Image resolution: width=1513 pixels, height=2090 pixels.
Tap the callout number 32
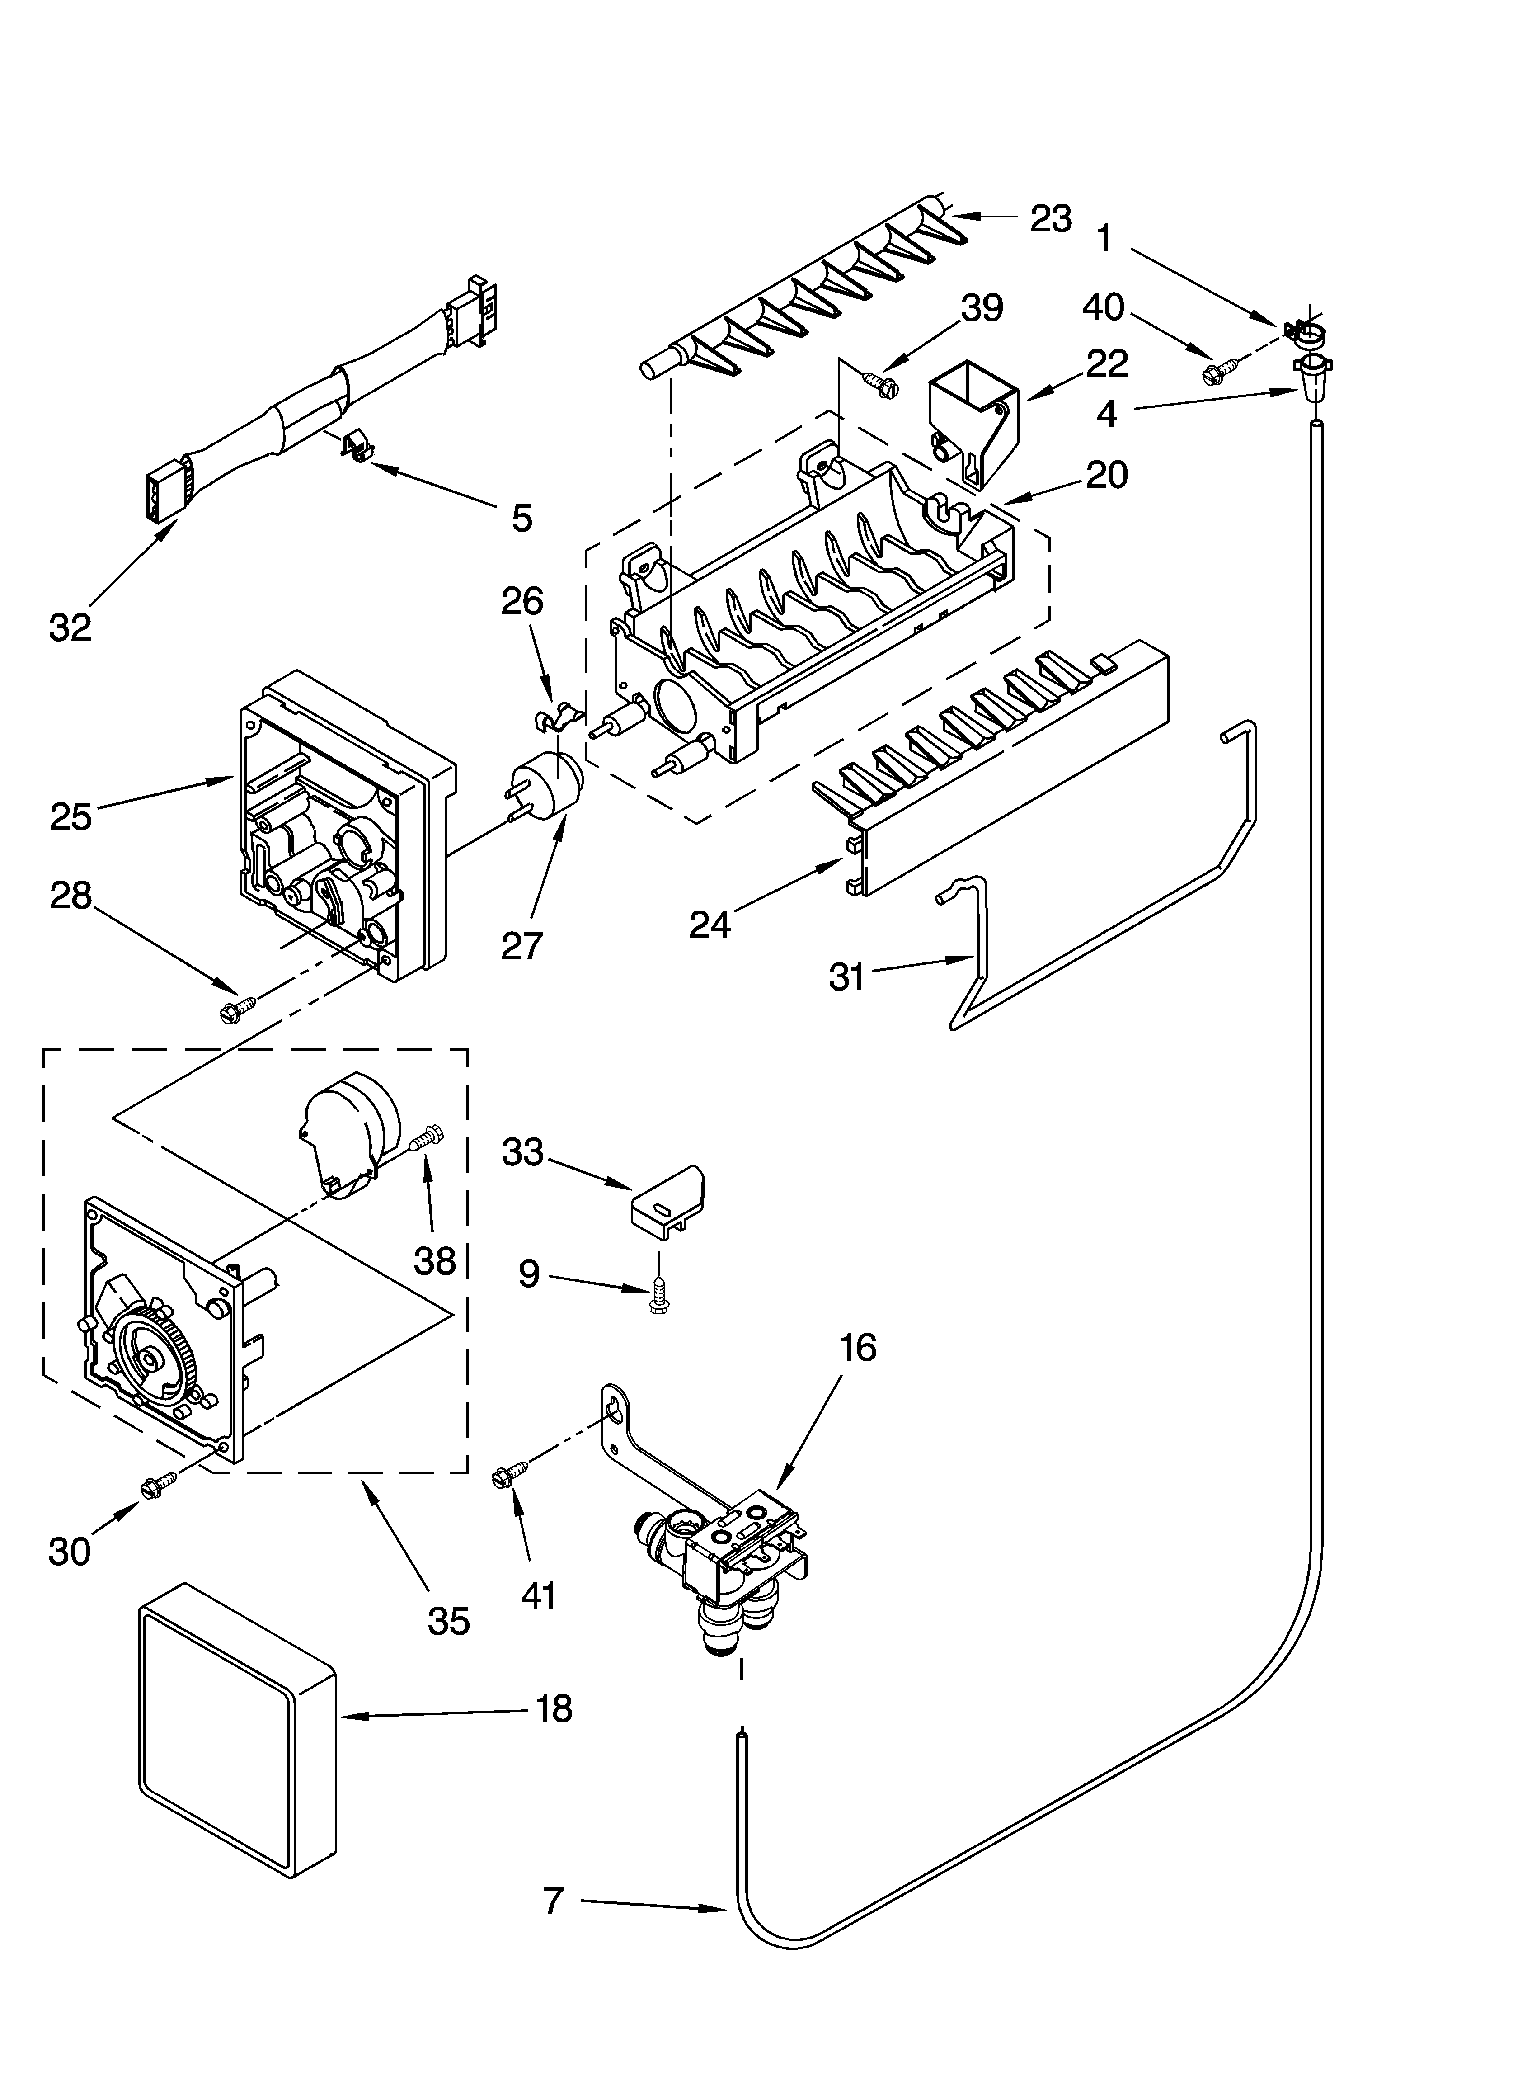tap(70, 627)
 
